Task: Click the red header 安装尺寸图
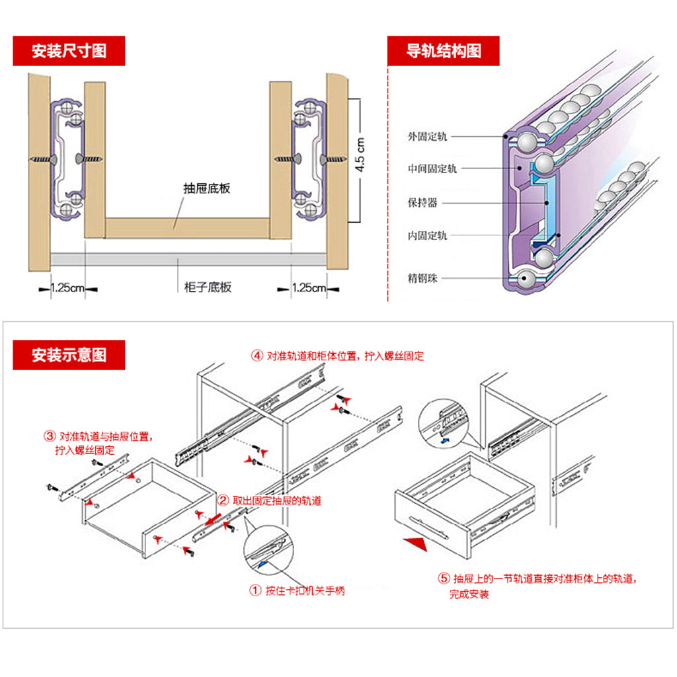tap(69, 51)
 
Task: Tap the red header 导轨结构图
tap(443, 51)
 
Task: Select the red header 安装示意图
tap(69, 355)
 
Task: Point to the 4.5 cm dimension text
tap(361, 155)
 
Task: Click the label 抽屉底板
tap(207, 188)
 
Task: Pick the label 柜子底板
tap(208, 287)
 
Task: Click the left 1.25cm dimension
tap(68, 288)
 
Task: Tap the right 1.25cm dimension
tap(309, 288)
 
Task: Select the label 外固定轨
tap(427, 137)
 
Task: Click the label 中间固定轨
tap(432, 169)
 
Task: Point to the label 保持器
tap(422, 203)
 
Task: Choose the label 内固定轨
tap(427, 235)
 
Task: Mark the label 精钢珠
tap(422, 278)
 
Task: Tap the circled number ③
tap(50, 436)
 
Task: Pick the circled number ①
tap(255, 590)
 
